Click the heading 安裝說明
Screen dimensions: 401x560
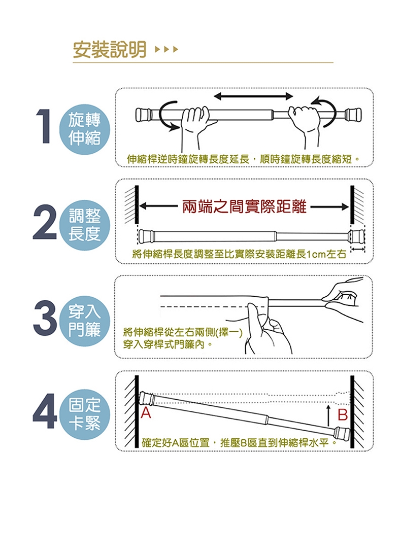tap(110, 50)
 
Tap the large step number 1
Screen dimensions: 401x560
tap(45, 126)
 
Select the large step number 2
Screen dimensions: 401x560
tap(45, 222)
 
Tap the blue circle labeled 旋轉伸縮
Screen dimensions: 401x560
tap(85, 129)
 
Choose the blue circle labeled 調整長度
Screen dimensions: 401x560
tap(85, 225)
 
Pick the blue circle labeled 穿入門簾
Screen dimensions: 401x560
tap(85, 321)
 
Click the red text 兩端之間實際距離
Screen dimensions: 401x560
tap(245, 206)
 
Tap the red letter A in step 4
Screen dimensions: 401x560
tap(146, 413)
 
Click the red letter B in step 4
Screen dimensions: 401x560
tap(343, 414)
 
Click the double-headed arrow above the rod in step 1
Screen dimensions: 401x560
tap(253, 96)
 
